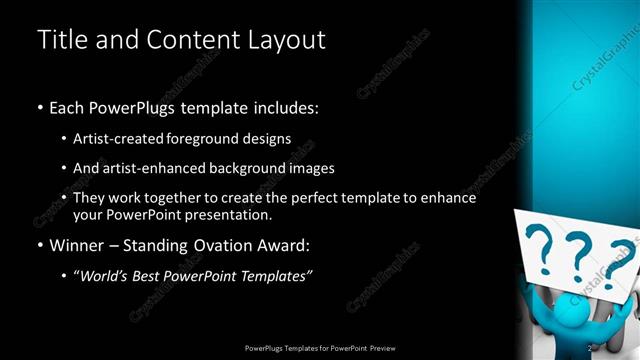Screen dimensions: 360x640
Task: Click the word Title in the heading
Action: pyautogui.click(x=60, y=40)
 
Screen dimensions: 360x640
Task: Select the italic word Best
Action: pyautogui.click(x=153, y=275)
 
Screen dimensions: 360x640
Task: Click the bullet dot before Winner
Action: pyautogui.click(x=40, y=245)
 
